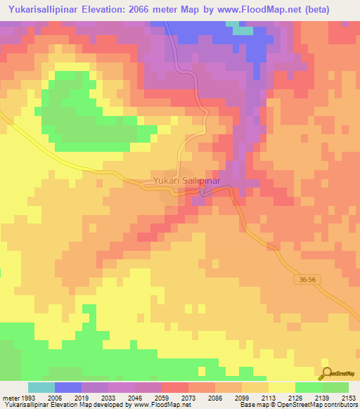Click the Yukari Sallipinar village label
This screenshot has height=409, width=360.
(187, 181)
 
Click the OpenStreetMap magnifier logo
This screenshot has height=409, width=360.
(328, 372)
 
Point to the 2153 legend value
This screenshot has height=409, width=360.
(349, 397)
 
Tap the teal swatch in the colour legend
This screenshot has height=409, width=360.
(41, 387)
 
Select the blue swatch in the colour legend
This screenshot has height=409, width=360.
(67, 387)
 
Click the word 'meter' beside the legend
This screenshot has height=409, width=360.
(11, 397)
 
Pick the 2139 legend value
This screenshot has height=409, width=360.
(308, 397)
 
